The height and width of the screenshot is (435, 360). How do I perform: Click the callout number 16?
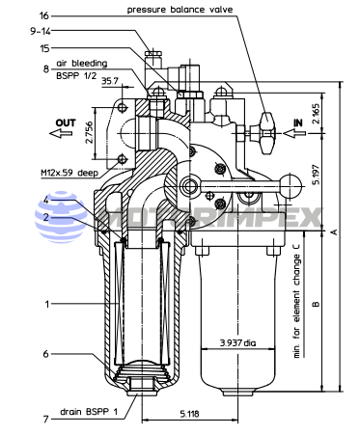[44, 15]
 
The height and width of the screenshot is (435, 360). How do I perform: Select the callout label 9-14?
[41, 31]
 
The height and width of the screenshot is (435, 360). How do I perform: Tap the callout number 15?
[44, 48]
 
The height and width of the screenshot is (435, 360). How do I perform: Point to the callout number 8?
[46, 68]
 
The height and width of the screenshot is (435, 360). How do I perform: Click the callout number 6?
[46, 354]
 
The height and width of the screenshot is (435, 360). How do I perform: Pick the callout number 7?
[46, 420]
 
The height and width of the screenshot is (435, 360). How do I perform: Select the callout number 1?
[47, 304]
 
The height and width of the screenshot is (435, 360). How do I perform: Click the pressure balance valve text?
[180, 10]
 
